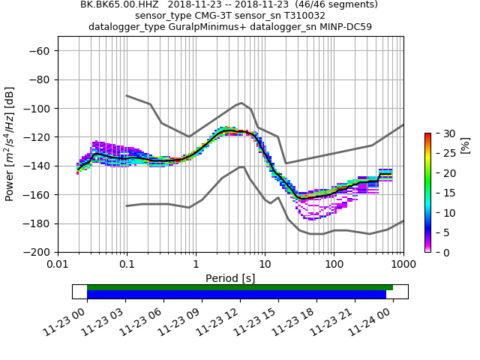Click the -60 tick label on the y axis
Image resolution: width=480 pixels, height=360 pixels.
tap(43, 51)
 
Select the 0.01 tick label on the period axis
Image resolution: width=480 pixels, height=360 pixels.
tap(58, 264)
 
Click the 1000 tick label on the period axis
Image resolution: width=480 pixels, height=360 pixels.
tap(403, 264)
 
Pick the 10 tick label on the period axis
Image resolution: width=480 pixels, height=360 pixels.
tap(265, 264)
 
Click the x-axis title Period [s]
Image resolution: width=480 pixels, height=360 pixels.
tap(230, 277)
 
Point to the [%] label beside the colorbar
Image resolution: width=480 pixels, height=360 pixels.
tap(465, 144)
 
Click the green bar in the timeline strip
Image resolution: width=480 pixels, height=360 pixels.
tap(240, 287)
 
